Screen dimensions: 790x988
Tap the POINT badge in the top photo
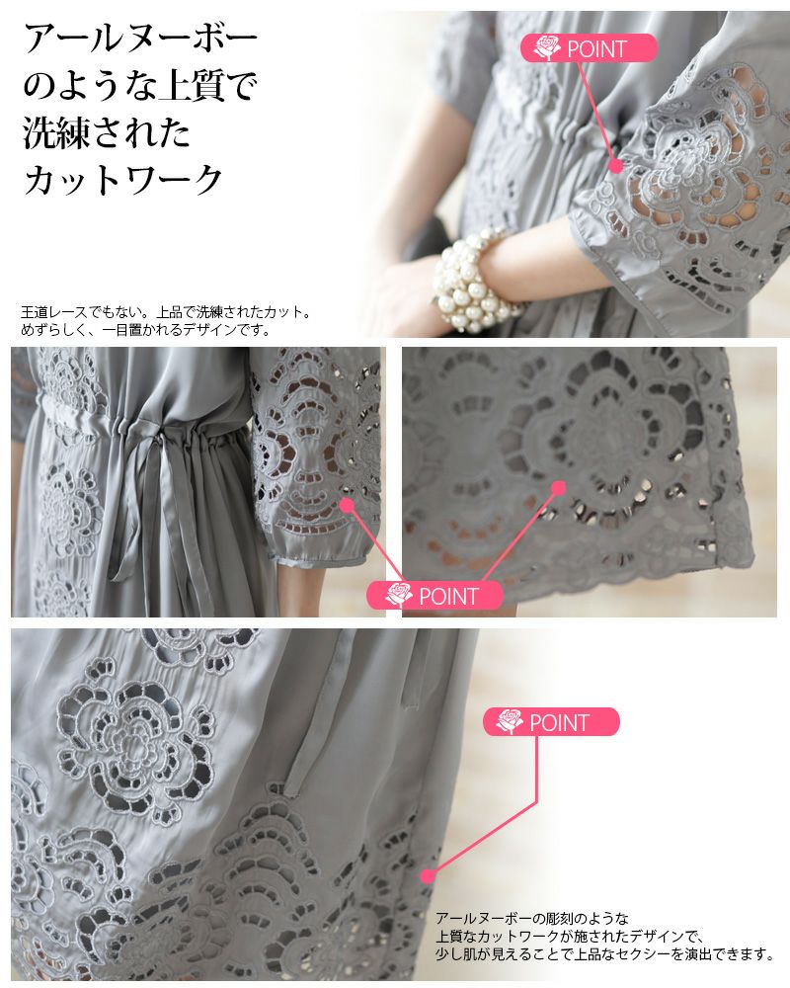589,47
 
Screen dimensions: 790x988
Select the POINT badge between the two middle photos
434,596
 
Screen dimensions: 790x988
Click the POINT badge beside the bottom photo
551,722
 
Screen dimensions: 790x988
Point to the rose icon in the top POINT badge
546,47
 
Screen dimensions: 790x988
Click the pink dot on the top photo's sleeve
617,165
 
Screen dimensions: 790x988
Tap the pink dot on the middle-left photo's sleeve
346,504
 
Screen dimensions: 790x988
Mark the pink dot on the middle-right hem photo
558,488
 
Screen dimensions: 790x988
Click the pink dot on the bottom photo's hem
428,875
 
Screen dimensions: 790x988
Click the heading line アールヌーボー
140,39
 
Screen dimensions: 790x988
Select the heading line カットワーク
122,180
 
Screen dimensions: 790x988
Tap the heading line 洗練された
107,133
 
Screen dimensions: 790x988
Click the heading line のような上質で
140,86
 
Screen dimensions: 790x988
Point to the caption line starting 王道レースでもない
166,312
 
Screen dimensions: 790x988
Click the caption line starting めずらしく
145,329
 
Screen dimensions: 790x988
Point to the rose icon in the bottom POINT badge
509,721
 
